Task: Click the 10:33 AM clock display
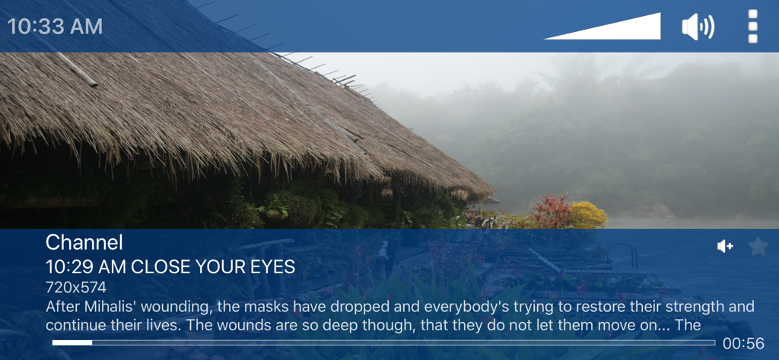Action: coord(55,27)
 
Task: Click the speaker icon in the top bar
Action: coord(698,27)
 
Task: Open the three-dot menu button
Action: coord(752,27)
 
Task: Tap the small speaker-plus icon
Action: coord(725,246)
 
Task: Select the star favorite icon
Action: coord(758,246)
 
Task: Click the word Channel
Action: coord(84,243)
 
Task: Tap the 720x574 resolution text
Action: coord(76,288)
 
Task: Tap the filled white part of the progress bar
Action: coord(72,342)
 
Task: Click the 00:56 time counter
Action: coord(744,343)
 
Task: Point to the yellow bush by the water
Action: coord(588,215)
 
